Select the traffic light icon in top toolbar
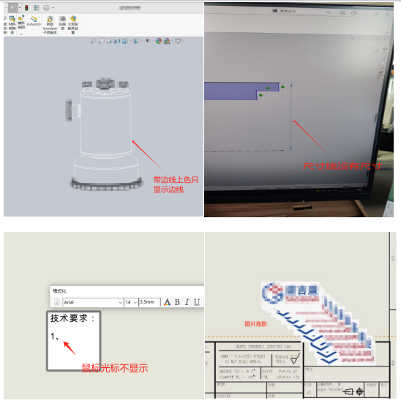pyautogui.click(x=27, y=7)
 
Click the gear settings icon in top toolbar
pyautogui.click(x=47, y=7)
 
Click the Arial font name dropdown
pyautogui.click(x=91, y=301)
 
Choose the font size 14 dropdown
pyautogui.click(x=131, y=301)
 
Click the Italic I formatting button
pyautogui.click(x=187, y=301)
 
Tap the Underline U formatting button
pyautogui.click(x=197, y=301)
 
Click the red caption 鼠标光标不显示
pyautogui.click(x=114, y=368)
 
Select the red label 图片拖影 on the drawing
pyautogui.click(x=257, y=323)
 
